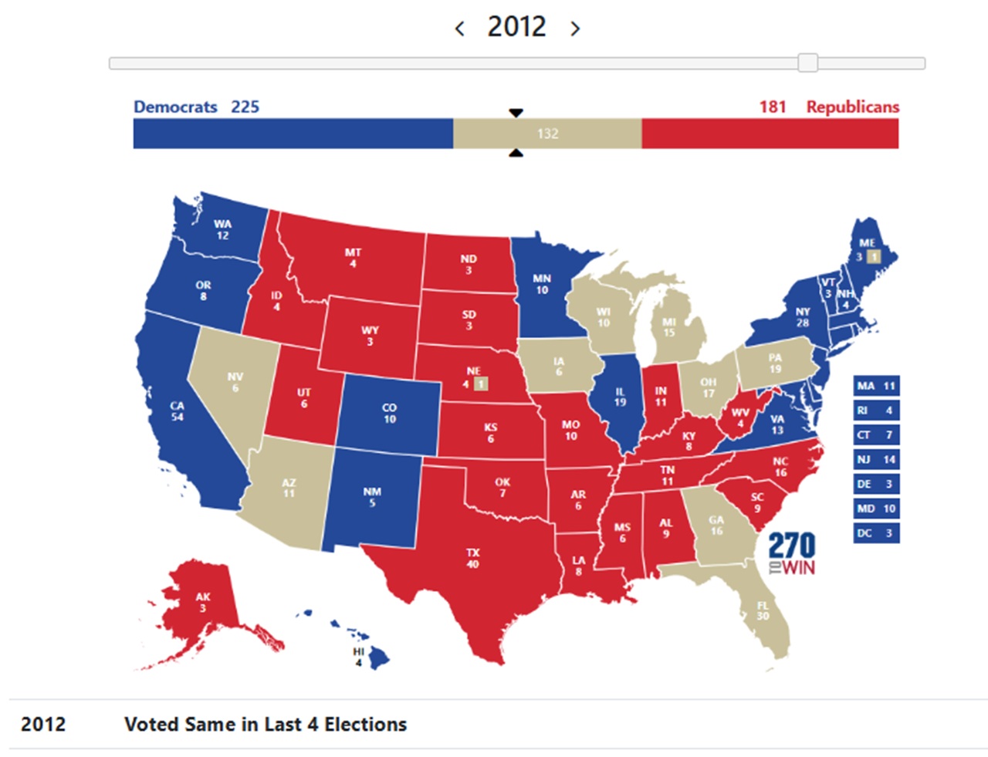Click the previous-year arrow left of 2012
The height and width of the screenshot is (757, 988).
[x=460, y=29]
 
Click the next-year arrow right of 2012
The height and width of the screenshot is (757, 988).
[x=575, y=29]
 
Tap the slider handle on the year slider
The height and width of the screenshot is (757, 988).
[x=807, y=63]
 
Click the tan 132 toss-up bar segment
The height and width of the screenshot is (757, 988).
[x=546, y=133]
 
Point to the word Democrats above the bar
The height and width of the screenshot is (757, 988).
[x=175, y=106]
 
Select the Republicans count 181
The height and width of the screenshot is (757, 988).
[x=772, y=106]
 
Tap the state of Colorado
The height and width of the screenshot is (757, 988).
[x=389, y=413]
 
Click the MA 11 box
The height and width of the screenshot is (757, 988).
[x=876, y=386]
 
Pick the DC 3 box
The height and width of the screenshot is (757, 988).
[x=876, y=533]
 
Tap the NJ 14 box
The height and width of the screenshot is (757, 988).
[x=876, y=459]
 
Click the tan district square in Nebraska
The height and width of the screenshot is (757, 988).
[x=481, y=384]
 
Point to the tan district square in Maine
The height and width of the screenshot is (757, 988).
[x=873, y=257]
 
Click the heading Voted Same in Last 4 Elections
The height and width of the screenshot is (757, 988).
[x=265, y=725]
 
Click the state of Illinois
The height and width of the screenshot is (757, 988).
[x=619, y=397]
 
